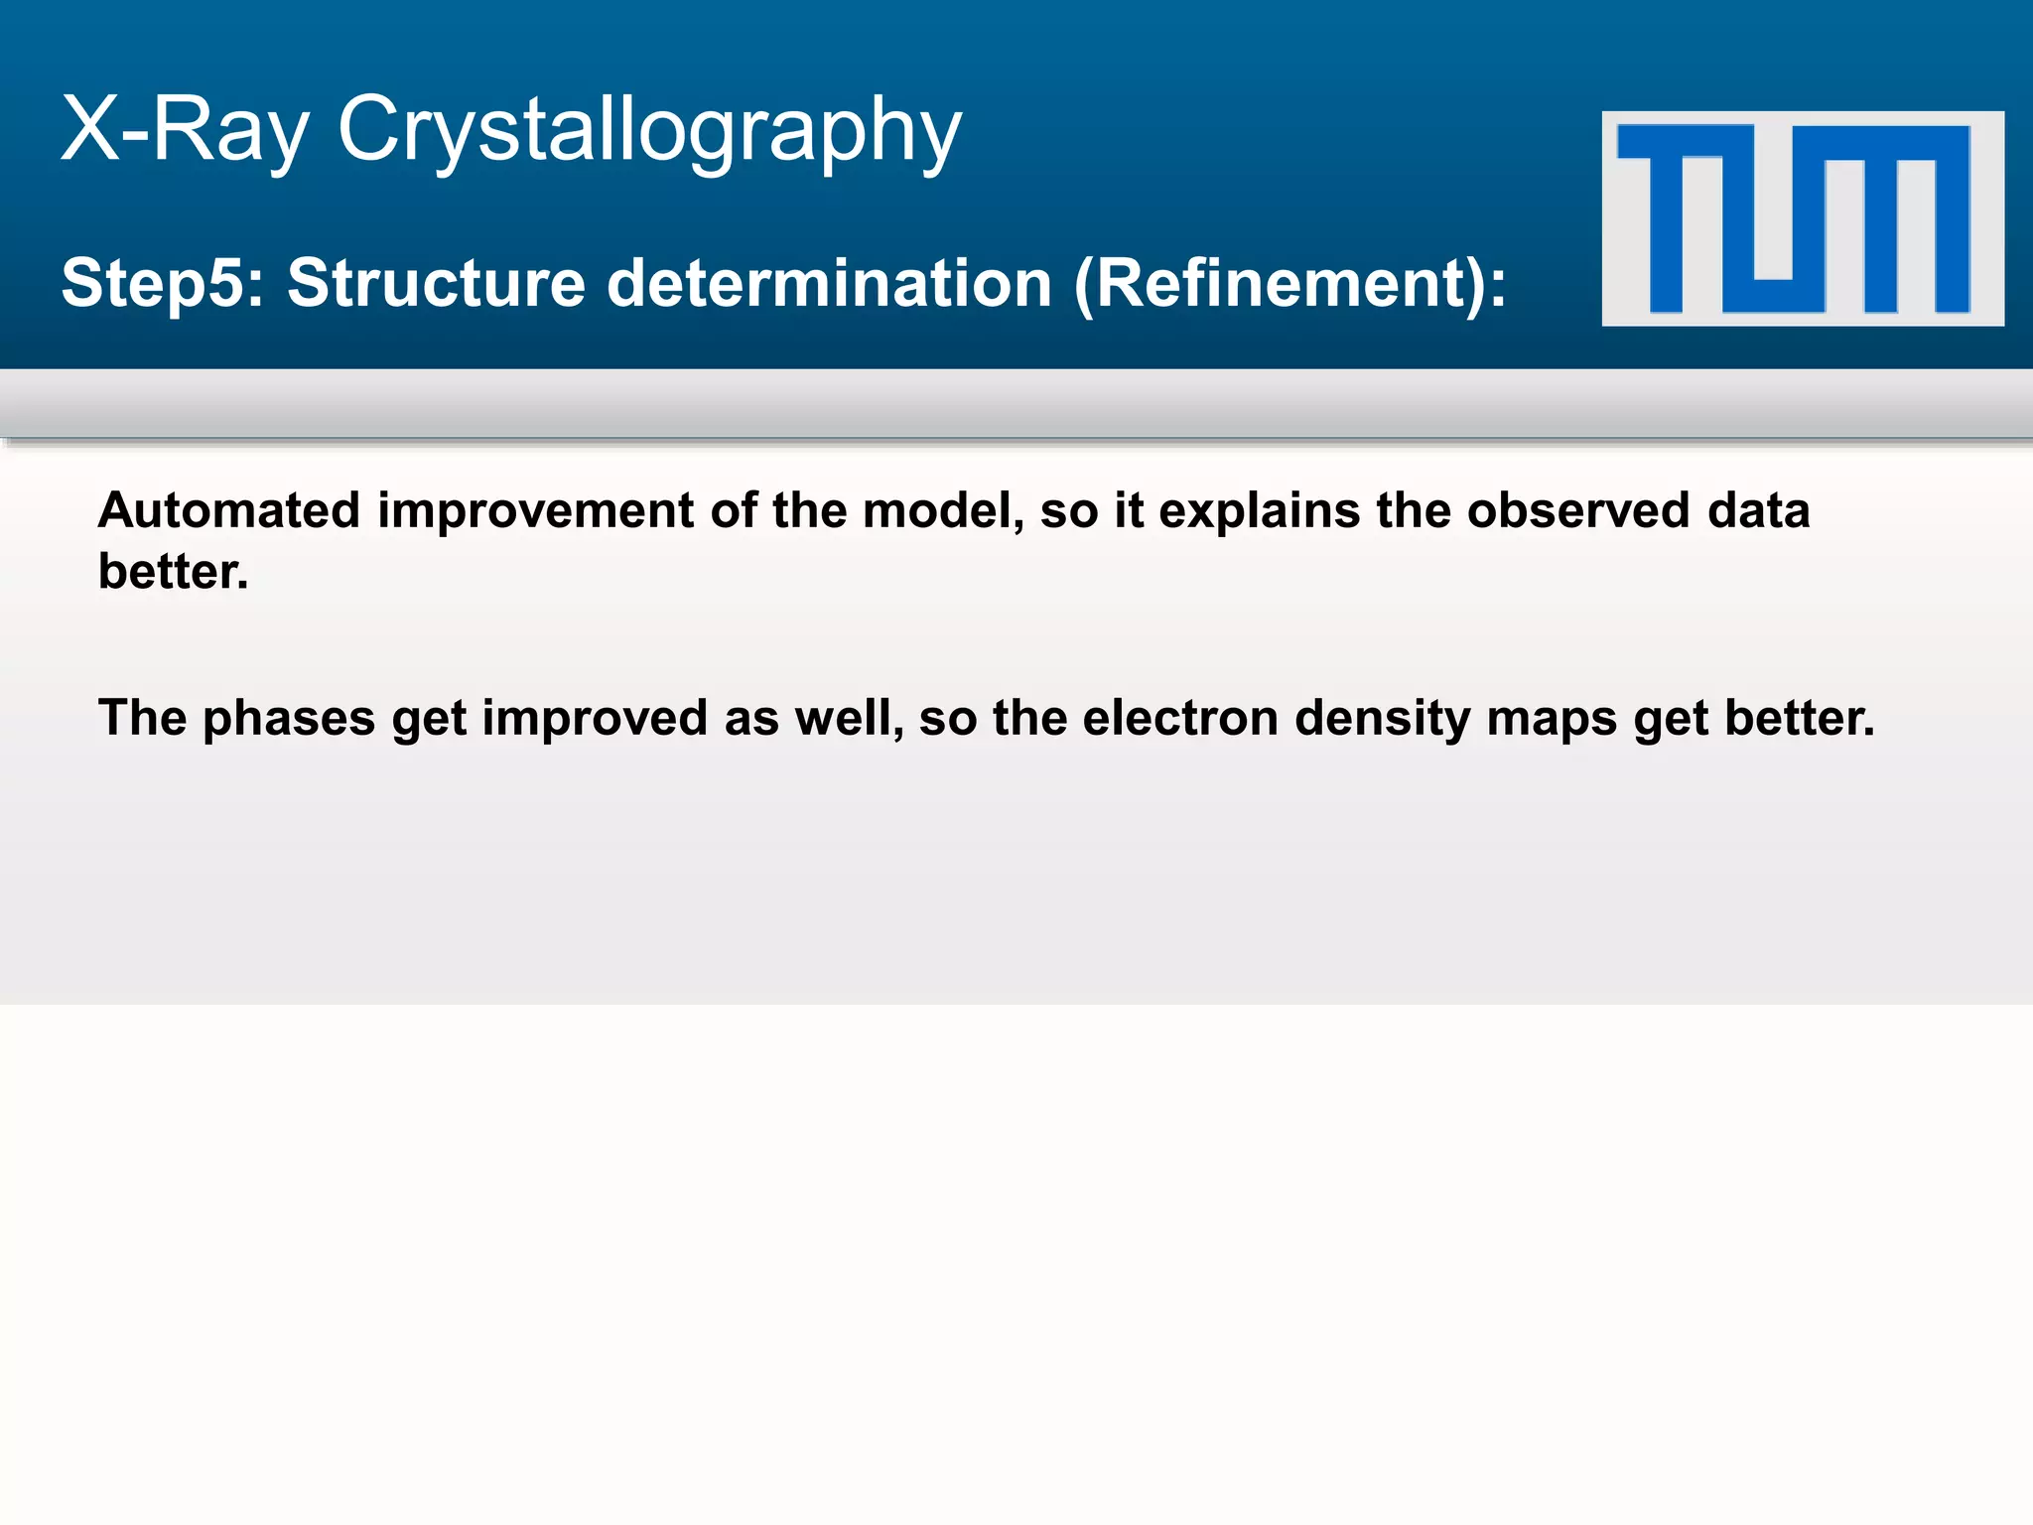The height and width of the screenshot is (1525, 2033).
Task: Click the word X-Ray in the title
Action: [x=185, y=129]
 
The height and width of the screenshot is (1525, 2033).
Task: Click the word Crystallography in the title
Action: [x=649, y=131]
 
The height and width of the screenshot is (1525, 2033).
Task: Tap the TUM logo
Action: [x=1802, y=218]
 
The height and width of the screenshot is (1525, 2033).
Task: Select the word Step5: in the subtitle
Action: [x=163, y=284]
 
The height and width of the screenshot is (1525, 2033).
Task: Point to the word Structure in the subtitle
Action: [x=437, y=284]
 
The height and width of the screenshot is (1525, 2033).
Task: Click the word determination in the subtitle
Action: [x=829, y=284]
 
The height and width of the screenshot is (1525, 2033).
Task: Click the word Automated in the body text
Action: [x=229, y=511]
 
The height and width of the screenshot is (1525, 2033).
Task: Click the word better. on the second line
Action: [x=174, y=572]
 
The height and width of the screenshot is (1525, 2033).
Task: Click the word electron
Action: [x=1179, y=719]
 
